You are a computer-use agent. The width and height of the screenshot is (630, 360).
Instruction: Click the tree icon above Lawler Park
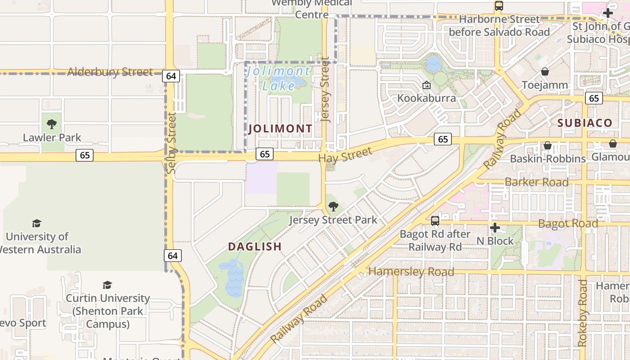52,124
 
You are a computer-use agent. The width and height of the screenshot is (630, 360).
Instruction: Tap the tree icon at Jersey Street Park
333,207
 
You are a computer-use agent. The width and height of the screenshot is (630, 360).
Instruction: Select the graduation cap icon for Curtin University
107,285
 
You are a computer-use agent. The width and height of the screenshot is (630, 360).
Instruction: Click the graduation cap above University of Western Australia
36,223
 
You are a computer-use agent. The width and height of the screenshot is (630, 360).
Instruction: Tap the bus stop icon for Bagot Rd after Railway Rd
435,220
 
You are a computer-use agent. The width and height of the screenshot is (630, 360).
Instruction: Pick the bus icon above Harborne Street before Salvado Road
499,6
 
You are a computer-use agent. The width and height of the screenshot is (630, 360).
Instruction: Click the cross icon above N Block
495,228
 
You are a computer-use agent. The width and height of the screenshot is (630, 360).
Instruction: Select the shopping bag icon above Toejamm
545,72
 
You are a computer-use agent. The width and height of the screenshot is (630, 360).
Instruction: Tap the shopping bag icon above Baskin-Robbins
548,145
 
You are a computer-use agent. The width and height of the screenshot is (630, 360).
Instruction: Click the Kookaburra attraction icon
426,85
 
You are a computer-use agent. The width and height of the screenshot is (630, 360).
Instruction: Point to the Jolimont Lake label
279,78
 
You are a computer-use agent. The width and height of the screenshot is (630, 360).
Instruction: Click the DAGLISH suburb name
255,247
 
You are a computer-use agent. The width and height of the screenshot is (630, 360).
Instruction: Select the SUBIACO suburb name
585,123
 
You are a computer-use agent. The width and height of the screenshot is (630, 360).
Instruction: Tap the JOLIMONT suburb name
280,129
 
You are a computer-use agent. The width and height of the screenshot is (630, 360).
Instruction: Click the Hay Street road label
345,155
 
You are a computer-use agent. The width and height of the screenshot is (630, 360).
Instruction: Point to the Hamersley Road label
411,272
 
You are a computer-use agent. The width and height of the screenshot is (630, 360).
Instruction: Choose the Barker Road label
536,182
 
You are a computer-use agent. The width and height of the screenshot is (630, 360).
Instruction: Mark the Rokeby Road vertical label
583,313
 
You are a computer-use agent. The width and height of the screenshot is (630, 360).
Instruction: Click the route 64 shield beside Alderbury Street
171,76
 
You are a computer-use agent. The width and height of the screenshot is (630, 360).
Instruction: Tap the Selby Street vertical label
171,143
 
